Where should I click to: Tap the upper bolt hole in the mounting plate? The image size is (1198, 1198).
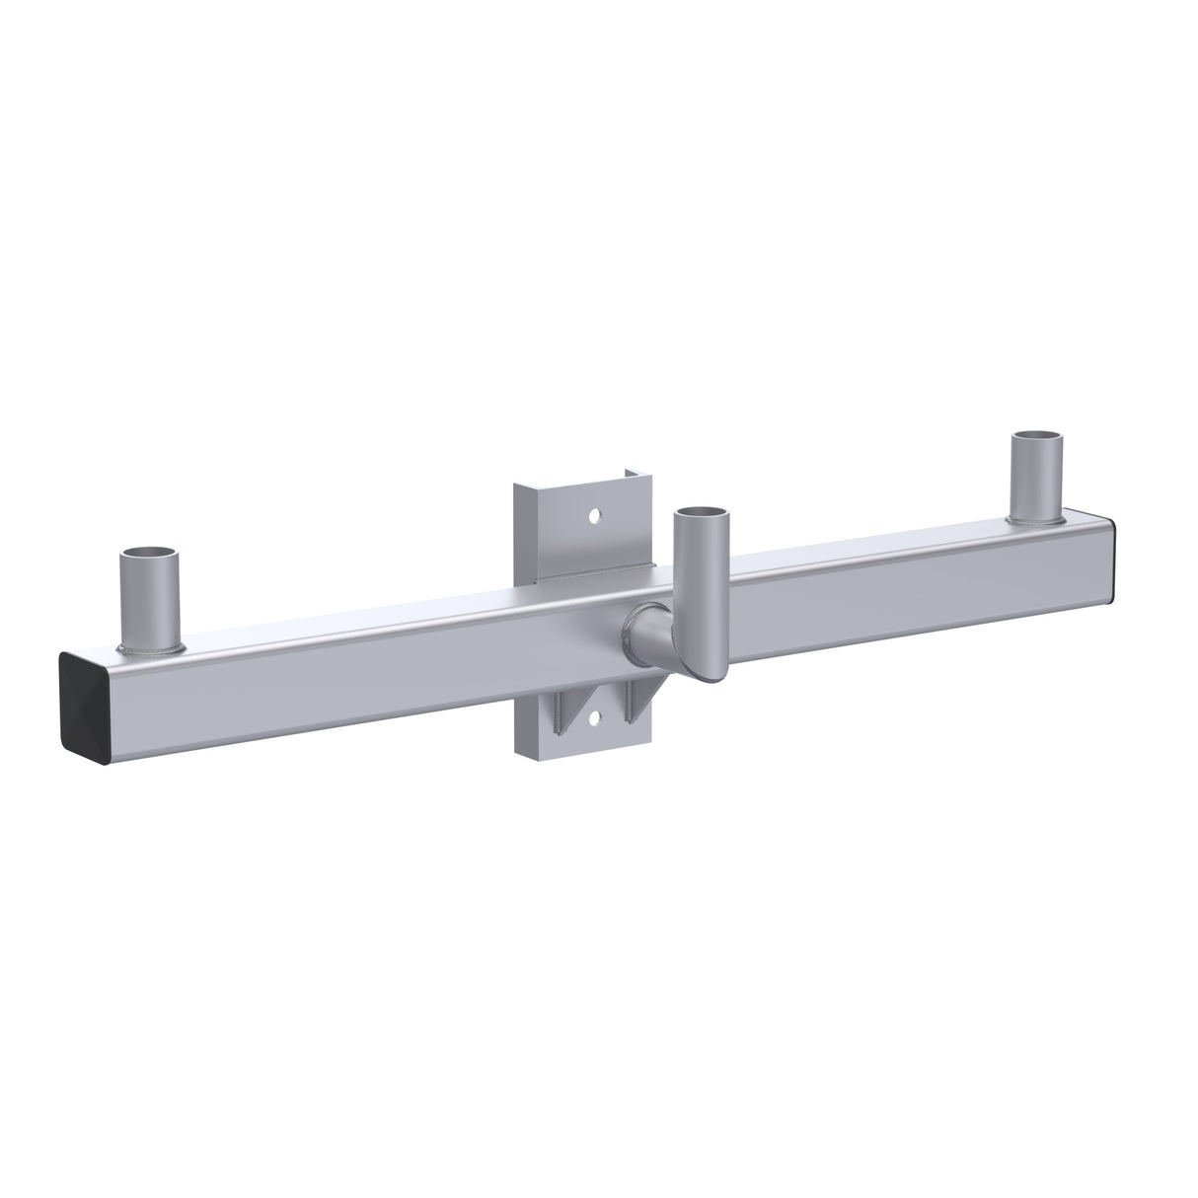tap(595, 515)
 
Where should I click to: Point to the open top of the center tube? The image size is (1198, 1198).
tap(702, 513)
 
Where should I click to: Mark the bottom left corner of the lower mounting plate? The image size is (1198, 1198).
tap(517, 755)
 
